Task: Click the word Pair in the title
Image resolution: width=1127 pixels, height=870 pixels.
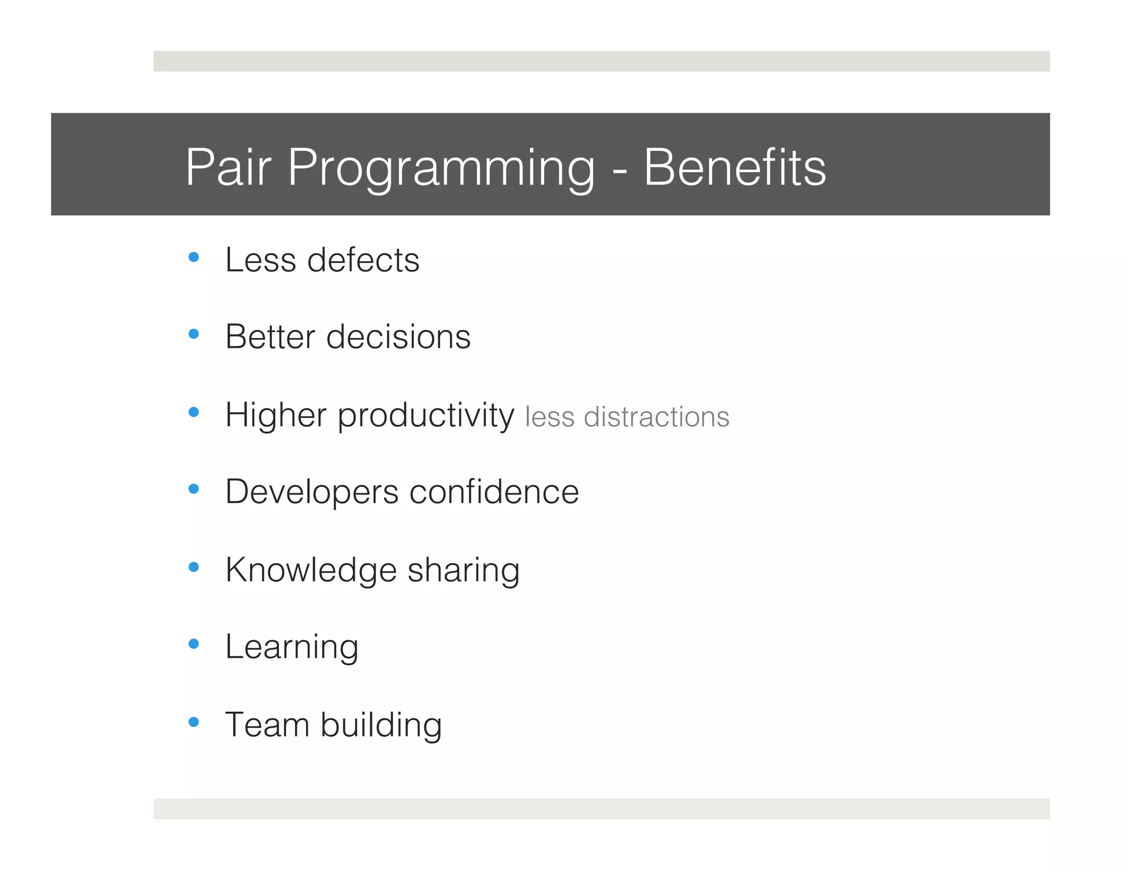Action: click(x=228, y=167)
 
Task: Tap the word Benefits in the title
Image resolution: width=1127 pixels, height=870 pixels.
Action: click(x=735, y=167)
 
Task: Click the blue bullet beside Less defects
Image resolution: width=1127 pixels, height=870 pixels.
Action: click(x=193, y=257)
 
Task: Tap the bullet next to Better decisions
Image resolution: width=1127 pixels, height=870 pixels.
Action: click(x=193, y=334)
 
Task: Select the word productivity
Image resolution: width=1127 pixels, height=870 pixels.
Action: click(x=426, y=416)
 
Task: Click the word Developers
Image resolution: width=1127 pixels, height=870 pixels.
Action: click(x=311, y=492)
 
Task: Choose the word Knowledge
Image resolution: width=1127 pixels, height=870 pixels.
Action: click(x=311, y=570)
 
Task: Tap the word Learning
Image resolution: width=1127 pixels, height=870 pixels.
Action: click(x=292, y=647)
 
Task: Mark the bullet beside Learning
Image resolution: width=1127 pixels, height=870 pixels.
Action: click(x=193, y=644)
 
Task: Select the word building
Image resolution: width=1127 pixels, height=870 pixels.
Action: click(x=381, y=725)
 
